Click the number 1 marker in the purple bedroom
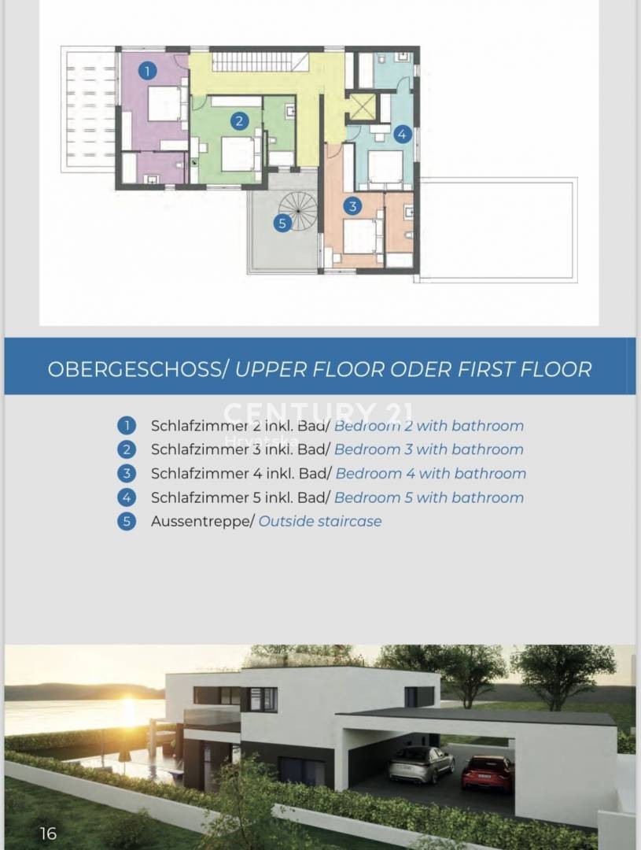[147, 71]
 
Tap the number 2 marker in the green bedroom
[239, 120]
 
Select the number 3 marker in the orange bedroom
[352, 206]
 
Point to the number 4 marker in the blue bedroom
[401, 134]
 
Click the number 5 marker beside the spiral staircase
[282, 223]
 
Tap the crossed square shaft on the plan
[361, 107]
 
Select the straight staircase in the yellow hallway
[260, 62]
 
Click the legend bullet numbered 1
[127, 426]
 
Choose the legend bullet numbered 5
[127, 522]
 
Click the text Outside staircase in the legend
[320, 522]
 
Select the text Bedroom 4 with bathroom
[431, 474]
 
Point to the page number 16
[48, 833]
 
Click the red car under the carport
[487, 772]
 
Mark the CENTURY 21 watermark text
[318, 412]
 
